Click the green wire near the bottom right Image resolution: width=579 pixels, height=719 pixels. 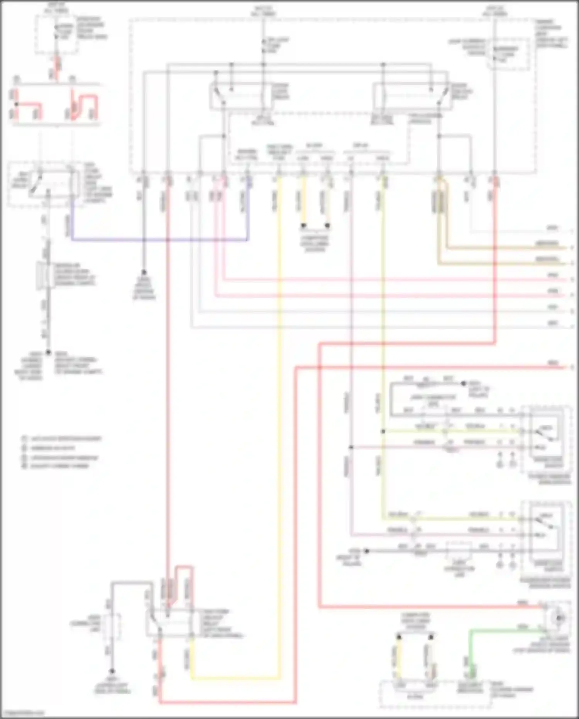tap(502, 631)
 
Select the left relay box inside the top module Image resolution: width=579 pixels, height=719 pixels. tap(236, 95)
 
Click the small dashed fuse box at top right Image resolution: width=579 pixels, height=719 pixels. tap(508, 54)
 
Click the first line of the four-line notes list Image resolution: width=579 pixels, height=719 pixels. tap(62, 439)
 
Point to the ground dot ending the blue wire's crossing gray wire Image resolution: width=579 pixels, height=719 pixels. tap(144, 272)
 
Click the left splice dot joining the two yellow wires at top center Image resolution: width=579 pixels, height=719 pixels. tap(303, 225)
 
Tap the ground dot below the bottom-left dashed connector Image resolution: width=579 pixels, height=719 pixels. tap(112, 671)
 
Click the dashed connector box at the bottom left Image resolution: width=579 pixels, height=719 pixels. tap(112, 627)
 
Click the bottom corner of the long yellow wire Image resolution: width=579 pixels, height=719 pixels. tap(279, 678)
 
